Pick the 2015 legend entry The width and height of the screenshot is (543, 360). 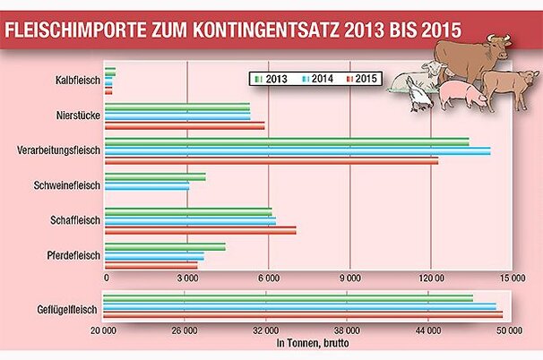click(x=359, y=80)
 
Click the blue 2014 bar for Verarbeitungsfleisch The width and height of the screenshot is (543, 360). click(x=297, y=150)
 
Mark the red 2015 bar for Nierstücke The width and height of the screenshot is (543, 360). click(x=185, y=126)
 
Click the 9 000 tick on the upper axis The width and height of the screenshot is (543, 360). click(x=349, y=278)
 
